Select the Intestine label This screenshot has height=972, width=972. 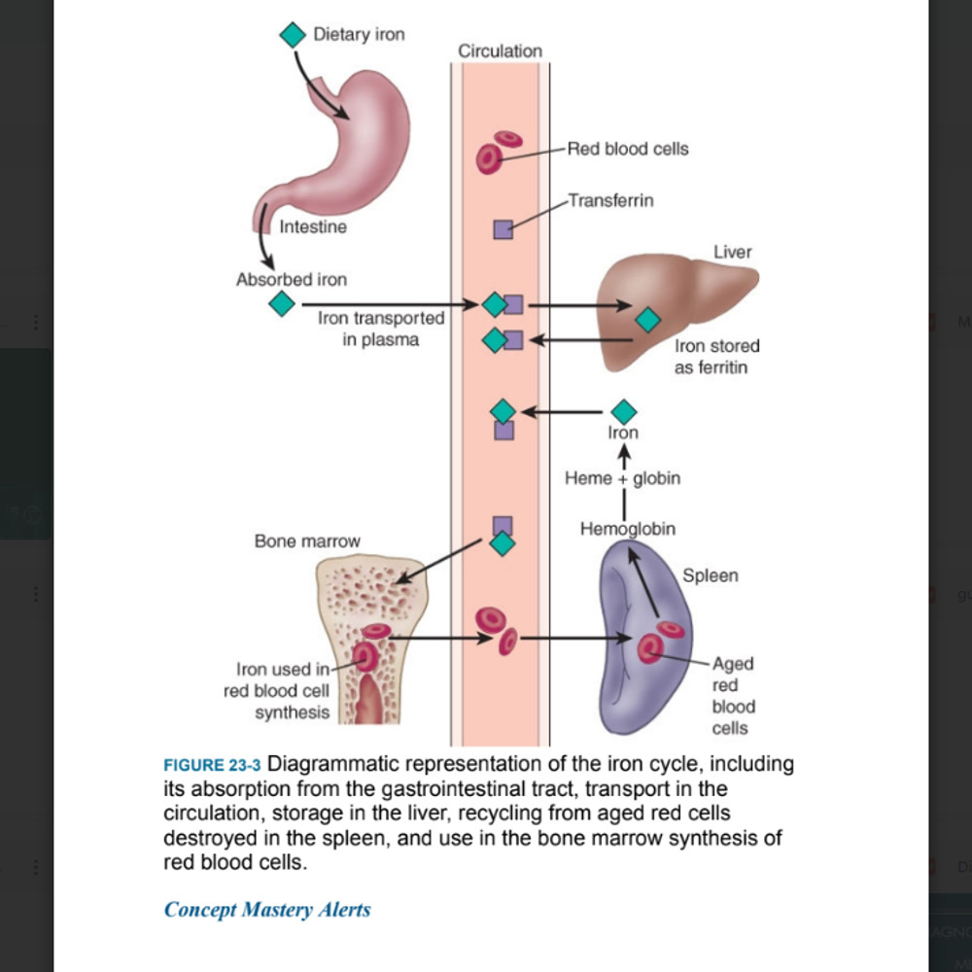click(312, 227)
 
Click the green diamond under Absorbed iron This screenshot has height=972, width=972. click(281, 304)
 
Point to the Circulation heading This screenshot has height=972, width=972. click(500, 51)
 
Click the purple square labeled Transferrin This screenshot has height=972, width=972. click(503, 229)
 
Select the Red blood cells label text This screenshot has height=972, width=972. click(627, 149)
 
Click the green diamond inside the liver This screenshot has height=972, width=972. click(647, 319)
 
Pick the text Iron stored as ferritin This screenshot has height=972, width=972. click(716, 357)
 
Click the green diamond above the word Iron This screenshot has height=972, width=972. click(623, 412)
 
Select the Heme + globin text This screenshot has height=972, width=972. click(622, 478)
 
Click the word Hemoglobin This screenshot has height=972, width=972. click(627, 530)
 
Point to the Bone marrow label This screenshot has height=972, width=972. click(307, 541)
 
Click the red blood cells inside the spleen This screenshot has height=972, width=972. click(658, 642)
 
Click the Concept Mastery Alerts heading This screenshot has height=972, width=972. click(266, 910)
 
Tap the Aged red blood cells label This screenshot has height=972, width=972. click(733, 695)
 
